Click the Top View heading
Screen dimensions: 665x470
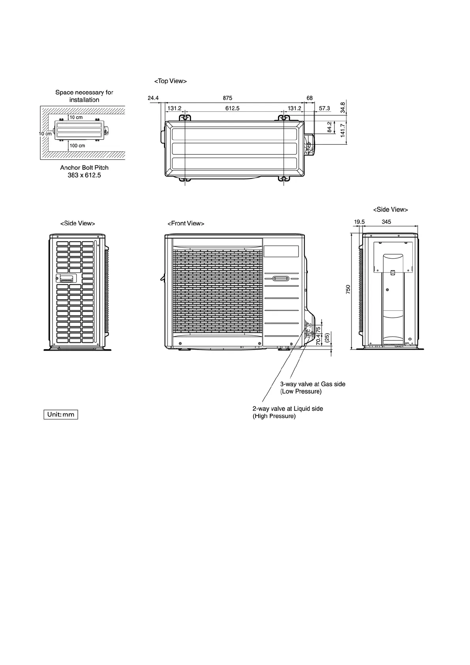[170, 81]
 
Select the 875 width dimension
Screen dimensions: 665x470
[227, 98]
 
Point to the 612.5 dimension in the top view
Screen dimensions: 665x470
[232, 108]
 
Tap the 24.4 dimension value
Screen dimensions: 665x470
[153, 98]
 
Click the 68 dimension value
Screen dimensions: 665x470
[309, 98]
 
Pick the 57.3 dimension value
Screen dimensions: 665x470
[324, 108]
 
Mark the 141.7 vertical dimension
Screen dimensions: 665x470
[343, 130]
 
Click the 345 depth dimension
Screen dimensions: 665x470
[386, 222]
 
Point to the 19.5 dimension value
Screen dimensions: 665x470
[359, 222]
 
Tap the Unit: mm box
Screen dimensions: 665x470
[61, 415]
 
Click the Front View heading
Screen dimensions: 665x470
[186, 224]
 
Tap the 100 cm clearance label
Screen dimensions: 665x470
[77, 146]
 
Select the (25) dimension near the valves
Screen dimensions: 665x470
[327, 338]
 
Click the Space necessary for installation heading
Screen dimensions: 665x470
[84, 96]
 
